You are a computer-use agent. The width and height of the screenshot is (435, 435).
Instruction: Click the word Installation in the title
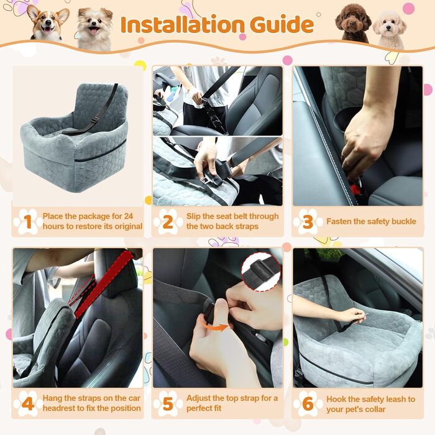(x=182, y=25)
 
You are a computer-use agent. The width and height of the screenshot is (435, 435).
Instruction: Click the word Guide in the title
(x=282, y=24)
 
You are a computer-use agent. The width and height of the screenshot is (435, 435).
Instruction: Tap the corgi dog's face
(x=48, y=24)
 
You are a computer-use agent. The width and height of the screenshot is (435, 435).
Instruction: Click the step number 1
(x=27, y=222)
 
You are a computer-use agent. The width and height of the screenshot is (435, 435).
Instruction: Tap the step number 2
(x=168, y=222)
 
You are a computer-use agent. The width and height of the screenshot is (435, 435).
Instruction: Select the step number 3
(x=308, y=222)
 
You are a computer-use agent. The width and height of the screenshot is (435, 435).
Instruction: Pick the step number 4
(x=28, y=404)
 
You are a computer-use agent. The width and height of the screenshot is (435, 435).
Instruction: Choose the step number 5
(x=168, y=404)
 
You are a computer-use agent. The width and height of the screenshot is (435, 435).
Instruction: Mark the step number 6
(x=308, y=404)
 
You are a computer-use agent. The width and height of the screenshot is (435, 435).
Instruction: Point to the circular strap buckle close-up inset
(x=261, y=272)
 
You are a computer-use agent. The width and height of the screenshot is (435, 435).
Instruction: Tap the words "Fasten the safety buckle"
(x=371, y=221)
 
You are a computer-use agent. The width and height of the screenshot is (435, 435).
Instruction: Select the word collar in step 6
(x=374, y=409)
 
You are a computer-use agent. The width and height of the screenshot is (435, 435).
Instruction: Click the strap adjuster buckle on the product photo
(x=95, y=120)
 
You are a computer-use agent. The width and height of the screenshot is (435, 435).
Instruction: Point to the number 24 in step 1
(x=129, y=216)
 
